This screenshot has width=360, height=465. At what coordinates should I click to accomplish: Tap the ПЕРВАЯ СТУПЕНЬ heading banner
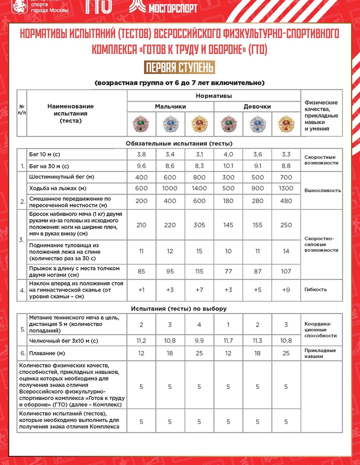click(x=179, y=67)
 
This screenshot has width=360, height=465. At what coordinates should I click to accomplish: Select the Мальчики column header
click(x=170, y=106)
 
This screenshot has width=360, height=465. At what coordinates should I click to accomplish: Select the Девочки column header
click(x=257, y=106)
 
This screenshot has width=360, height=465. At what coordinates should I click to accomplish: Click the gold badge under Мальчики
click(x=199, y=123)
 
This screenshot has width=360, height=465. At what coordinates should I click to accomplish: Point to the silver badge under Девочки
click(x=257, y=123)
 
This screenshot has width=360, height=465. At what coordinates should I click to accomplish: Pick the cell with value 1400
click(x=199, y=188)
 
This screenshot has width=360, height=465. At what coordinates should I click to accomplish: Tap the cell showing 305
click(x=199, y=225)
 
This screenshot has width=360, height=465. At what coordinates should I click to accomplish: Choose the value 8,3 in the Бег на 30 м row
click(x=199, y=166)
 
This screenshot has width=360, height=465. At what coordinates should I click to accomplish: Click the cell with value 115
click(x=199, y=271)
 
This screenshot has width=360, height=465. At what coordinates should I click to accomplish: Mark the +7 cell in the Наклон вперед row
click(x=199, y=289)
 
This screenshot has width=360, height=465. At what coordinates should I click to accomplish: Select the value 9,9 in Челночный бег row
click(x=199, y=340)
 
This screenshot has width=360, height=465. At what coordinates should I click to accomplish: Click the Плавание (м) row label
click(x=48, y=354)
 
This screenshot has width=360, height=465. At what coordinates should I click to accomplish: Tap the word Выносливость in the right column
click(x=322, y=190)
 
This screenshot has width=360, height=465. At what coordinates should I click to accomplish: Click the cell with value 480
click(x=286, y=201)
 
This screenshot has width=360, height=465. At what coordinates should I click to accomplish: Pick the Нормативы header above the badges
click(x=213, y=95)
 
